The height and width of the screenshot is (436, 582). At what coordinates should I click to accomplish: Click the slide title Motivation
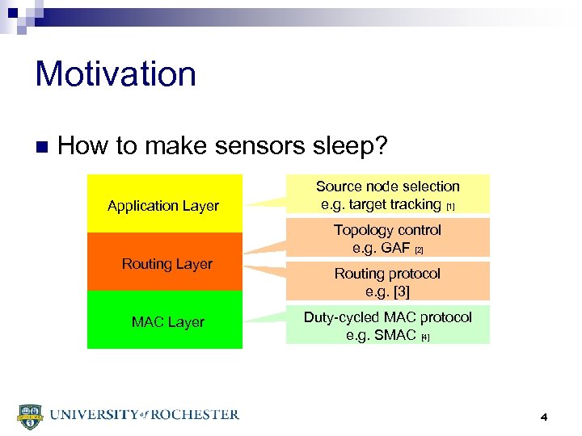tap(116, 74)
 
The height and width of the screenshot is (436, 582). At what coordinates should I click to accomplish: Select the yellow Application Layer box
tap(164, 204)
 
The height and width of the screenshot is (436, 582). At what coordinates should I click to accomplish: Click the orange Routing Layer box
tap(164, 262)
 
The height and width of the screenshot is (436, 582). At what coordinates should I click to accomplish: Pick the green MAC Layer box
tap(164, 321)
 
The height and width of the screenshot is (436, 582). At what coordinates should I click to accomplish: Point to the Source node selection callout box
tap(387, 195)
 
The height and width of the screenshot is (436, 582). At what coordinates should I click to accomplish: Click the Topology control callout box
tap(387, 238)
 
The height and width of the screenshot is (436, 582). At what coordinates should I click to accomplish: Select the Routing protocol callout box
tap(387, 282)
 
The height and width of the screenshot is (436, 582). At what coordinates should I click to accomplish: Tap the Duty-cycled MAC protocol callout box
tap(387, 325)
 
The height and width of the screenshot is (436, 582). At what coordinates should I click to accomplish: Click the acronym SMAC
tap(396, 335)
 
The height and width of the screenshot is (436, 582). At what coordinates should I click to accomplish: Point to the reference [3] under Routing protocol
tap(399, 291)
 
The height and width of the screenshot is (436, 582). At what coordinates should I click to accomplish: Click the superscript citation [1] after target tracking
tap(450, 208)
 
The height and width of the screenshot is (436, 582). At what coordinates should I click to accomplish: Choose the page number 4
tap(544, 417)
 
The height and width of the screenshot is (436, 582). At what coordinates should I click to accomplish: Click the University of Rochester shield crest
tap(29, 415)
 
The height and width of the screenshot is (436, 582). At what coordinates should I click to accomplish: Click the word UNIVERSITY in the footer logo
tap(91, 415)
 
